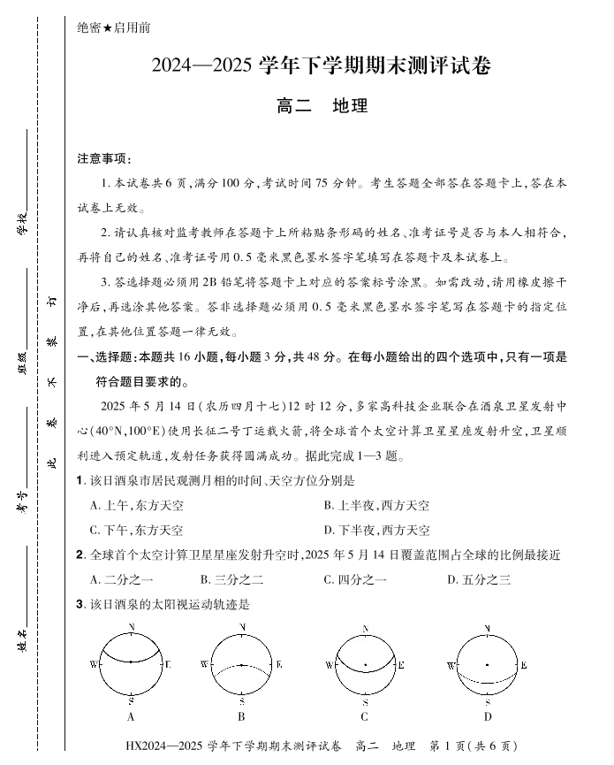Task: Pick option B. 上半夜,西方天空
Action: coord(376,505)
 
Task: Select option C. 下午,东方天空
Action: coord(136,530)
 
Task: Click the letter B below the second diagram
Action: coord(241,716)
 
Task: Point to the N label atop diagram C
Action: coord(365,629)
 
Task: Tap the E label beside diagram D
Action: coord(524,664)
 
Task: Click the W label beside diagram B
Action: coord(203,664)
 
